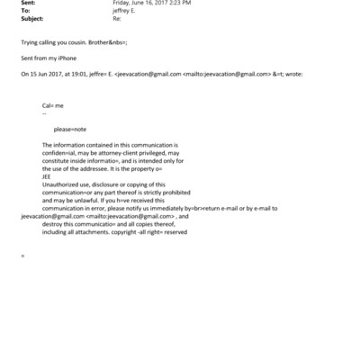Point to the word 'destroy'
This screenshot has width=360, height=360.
(x=53, y=225)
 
